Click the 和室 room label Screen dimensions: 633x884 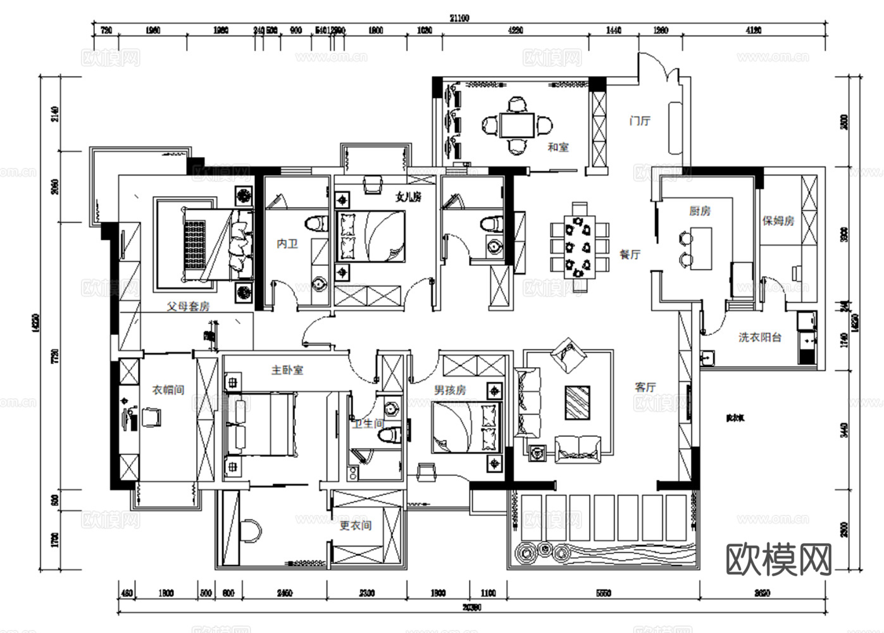(x=557, y=147)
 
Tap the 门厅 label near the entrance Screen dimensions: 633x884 (x=640, y=120)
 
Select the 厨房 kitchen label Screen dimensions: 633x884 (x=699, y=211)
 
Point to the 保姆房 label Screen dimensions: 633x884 (x=778, y=221)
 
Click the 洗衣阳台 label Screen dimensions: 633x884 (x=759, y=337)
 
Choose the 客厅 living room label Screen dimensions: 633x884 (x=645, y=387)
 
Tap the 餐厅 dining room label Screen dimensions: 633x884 (x=630, y=254)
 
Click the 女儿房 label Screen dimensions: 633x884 (x=408, y=197)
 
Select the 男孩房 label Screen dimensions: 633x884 (x=450, y=390)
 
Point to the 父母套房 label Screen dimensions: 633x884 (x=188, y=306)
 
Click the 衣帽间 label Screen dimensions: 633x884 (x=168, y=390)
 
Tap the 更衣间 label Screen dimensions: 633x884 (x=355, y=525)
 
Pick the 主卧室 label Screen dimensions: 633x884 (x=287, y=370)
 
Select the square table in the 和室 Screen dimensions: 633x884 (x=517, y=125)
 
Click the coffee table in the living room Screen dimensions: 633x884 (x=577, y=402)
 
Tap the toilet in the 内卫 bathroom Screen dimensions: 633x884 (x=316, y=223)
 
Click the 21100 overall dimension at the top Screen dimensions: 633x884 (x=459, y=18)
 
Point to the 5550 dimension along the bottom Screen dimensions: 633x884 (x=604, y=593)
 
